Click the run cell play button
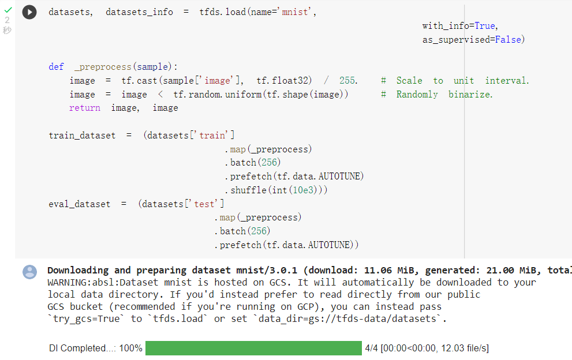tap(29, 12)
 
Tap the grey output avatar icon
tap(29, 272)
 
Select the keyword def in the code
tap(56, 67)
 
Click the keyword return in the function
tap(84, 108)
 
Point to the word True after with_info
tap(485, 26)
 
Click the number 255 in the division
tap(348, 81)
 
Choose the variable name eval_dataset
tap(79, 204)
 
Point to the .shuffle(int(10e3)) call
tap(276, 190)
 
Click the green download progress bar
tap(253, 348)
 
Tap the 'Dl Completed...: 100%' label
tap(95, 348)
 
